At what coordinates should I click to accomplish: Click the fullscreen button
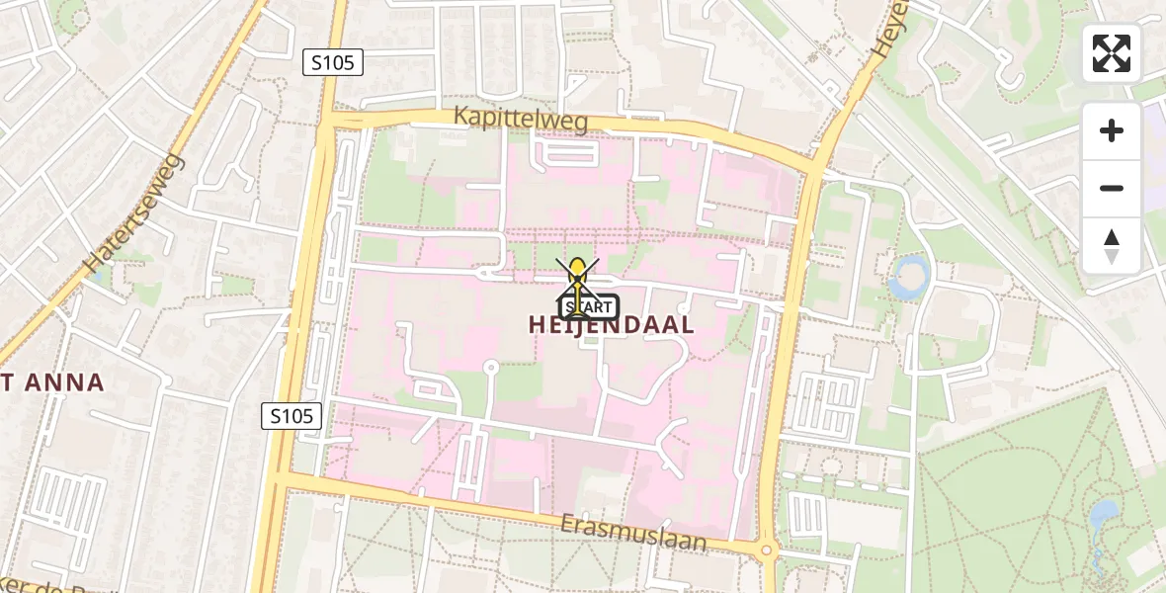[1112, 53]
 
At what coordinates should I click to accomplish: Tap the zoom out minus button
[1112, 188]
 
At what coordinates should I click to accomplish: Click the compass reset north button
[1112, 246]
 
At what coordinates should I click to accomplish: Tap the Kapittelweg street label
[521, 119]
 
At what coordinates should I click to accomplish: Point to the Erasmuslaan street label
[635, 532]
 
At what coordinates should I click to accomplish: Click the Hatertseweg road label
[135, 212]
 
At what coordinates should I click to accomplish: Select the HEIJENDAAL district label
[611, 324]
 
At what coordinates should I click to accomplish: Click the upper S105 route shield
[333, 62]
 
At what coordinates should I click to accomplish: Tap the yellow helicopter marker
[577, 272]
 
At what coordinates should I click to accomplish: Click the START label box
[590, 306]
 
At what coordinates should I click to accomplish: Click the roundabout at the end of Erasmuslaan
[766, 551]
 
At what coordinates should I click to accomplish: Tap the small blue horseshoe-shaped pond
[909, 278]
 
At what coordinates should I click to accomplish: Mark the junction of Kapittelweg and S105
[329, 120]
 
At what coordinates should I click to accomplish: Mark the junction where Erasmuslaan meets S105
[280, 478]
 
